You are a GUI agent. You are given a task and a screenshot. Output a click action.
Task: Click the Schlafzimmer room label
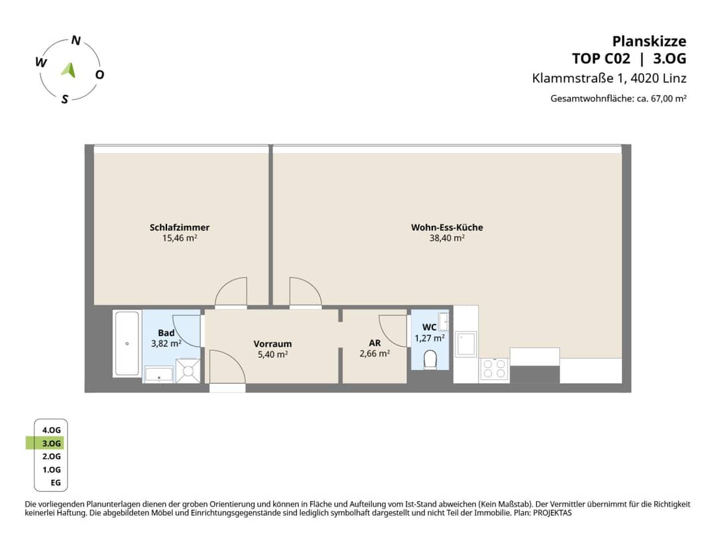[x=180, y=227]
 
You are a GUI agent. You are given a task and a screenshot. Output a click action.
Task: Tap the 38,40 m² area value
[x=447, y=238]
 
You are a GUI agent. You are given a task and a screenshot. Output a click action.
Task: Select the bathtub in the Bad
[x=127, y=343]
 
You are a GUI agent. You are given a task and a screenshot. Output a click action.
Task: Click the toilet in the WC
[x=430, y=359]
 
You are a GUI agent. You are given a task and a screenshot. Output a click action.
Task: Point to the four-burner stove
[x=494, y=369]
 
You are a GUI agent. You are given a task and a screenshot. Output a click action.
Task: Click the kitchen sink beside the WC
[x=466, y=343]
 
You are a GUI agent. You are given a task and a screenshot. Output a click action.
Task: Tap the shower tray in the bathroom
[x=188, y=370]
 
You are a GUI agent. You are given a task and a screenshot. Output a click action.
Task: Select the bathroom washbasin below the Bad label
[x=158, y=375]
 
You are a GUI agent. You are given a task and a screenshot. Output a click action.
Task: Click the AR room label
[x=375, y=343]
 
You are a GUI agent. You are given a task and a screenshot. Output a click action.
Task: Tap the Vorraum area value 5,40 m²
[x=272, y=354]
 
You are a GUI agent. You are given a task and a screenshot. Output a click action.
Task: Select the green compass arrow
[x=69, y=70]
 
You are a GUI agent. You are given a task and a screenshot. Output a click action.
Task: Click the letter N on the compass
[x=76, y=40]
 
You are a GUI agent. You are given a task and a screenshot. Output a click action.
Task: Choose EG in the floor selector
[x=56, y=483]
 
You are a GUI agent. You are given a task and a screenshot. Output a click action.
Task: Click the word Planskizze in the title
[x=649, y=41]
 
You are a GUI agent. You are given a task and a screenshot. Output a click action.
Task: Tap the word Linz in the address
[x=674, y=78]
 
